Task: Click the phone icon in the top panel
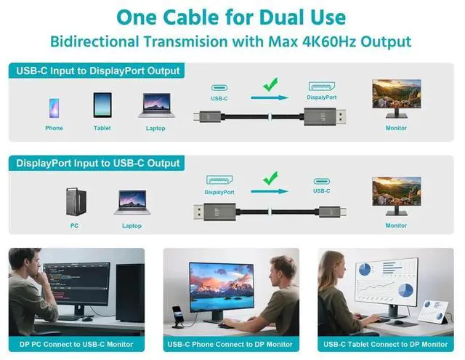coord(54,108)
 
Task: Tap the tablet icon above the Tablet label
coord(102,105)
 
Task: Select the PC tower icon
coord(75,200)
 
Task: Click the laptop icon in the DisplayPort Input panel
coord(132,201)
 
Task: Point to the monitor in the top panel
coord(396,98)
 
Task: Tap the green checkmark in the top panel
coord(270,85)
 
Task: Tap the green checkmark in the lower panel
coord(270,177)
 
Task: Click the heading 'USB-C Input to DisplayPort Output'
coord(97,71)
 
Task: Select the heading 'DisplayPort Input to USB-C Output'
coord(97,163)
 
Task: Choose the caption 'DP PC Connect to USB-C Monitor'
coord(76,344)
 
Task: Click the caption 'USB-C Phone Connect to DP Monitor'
coord(231,344)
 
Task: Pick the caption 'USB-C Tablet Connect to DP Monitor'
coord(386,344)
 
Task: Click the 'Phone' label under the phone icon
coord(54,128)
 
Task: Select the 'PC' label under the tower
coord(75,225)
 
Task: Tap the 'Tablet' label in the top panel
coord(102,128)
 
